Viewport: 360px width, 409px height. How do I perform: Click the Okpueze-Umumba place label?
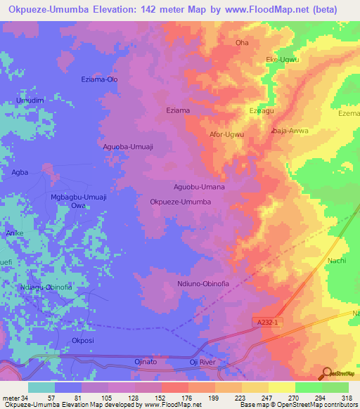[181, 202]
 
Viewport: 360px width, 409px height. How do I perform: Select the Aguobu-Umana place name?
[199, 187]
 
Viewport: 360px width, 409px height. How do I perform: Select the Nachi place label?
[337, 261]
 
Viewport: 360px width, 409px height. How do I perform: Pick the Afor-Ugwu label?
[227, 134]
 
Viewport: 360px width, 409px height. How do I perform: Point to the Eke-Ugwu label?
[282, 60]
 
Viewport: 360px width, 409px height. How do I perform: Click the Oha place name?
[242, 43]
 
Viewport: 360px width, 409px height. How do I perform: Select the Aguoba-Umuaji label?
[128, 146]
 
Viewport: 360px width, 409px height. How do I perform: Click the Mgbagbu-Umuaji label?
[78, 197]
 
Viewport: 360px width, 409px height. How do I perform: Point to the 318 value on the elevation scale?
[346, 398]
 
